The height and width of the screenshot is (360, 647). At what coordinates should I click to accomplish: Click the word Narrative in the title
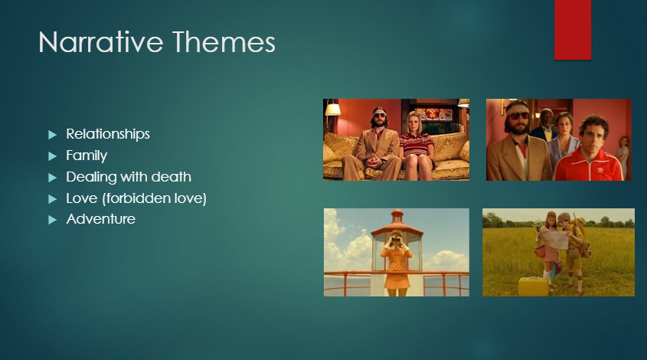101,42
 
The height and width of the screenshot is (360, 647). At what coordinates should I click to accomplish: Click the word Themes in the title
224,42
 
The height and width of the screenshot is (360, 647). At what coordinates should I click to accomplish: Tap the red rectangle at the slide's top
573,30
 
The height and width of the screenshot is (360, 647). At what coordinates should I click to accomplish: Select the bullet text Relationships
108,134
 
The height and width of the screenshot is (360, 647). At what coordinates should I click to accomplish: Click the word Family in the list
87,155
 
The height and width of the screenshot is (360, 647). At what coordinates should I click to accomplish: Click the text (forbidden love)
155,198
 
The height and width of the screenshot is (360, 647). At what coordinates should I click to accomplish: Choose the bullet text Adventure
100,219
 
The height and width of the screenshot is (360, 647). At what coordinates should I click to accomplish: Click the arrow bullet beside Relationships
52,135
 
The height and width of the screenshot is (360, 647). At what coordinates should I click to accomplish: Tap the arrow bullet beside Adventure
52,220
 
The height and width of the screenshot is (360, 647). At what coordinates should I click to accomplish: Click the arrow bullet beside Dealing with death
52,178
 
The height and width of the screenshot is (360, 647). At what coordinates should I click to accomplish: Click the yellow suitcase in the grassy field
533,286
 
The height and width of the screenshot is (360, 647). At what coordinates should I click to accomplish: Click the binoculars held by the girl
396,240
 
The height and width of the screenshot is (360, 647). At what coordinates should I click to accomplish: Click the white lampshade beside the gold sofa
333,110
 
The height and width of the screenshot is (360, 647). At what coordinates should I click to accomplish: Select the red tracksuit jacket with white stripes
589,165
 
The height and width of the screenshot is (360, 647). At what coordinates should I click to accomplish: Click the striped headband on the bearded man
517,109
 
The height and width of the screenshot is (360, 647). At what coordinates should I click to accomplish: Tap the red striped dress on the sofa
417,145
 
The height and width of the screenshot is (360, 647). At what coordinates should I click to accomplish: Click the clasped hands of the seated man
374,161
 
